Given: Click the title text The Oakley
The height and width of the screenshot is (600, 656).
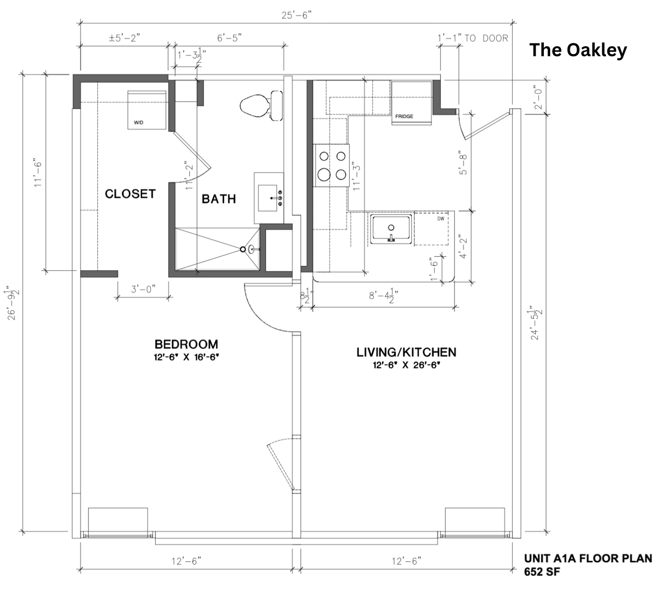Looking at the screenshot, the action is [x=578, y=50].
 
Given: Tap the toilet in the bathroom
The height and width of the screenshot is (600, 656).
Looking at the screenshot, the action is [x=261, y=105].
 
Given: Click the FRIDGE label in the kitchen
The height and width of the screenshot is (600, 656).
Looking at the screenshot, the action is [x=404, y=116].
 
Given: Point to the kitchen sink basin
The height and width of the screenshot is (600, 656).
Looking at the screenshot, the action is [x=391, y=229].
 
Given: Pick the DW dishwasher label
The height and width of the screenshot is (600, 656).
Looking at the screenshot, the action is [x=441, y=219].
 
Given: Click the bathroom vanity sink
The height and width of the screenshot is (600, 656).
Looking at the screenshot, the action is [x=269, y=198].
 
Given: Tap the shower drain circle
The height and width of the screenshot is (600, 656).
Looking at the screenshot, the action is [x=243, y=249].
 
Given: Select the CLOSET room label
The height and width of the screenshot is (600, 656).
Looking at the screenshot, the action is [x=130, y=194].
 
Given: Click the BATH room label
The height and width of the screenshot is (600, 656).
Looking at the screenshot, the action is [x=219, y=199].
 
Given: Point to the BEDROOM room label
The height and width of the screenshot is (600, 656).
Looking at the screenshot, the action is [x=186, y=344].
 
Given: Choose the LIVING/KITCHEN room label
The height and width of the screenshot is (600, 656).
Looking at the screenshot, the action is [x=406, y=352].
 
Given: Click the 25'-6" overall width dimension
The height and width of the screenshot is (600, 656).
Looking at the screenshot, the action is [x=297, y=15].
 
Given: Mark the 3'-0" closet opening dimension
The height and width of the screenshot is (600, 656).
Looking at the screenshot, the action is [x=143, y=289].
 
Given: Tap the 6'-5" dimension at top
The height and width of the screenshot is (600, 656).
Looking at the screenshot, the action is [x=229, y=38].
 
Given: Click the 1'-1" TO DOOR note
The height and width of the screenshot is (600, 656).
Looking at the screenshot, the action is [x=473, y=38].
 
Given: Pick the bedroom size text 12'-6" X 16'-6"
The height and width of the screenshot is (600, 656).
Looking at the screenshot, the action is [x=186, y=357].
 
